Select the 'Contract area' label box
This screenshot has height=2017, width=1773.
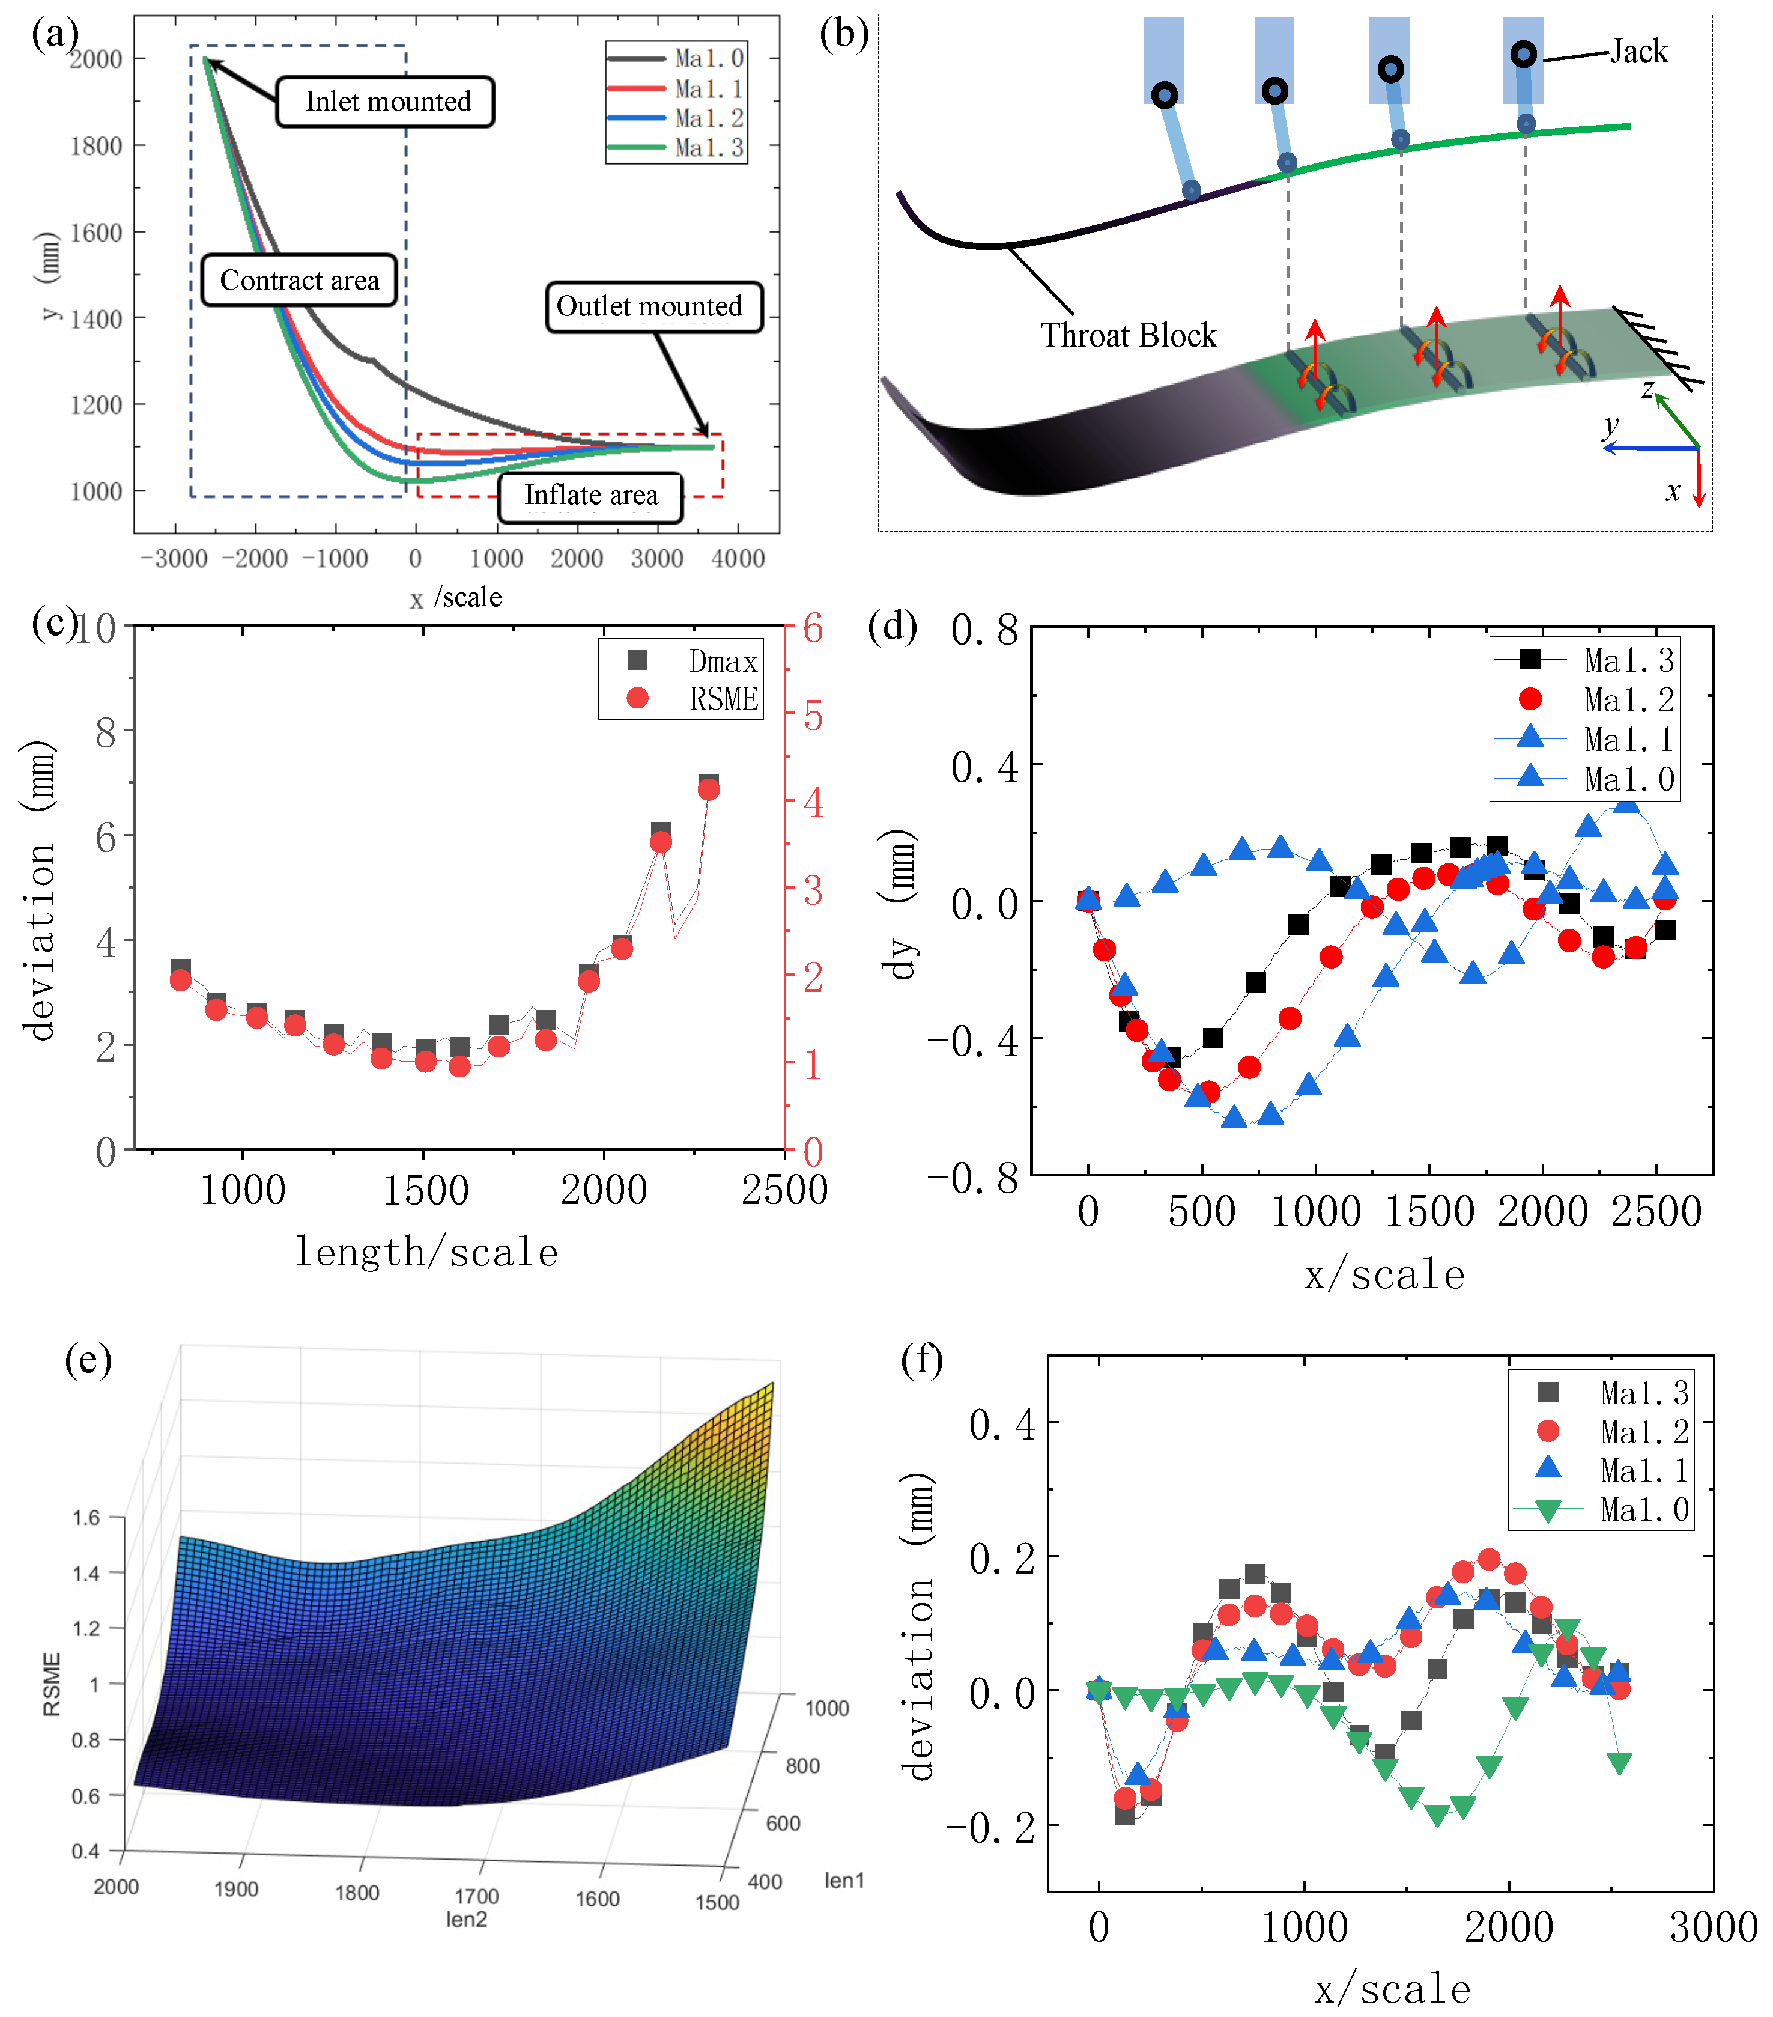coord(299,280)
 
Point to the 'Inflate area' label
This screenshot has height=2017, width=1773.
coord(591,494)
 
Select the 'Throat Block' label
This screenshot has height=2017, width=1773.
coord(1128,335)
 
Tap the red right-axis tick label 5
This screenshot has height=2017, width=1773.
coord(812,716)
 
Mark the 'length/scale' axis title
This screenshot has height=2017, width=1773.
coord(427,1252)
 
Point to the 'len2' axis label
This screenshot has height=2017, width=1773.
coord(467,1919)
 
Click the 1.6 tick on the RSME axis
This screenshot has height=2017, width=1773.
coord(87,1517)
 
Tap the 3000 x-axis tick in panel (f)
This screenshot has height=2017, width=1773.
coord(1713,1927)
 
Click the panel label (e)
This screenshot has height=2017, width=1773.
coord(88,1361)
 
